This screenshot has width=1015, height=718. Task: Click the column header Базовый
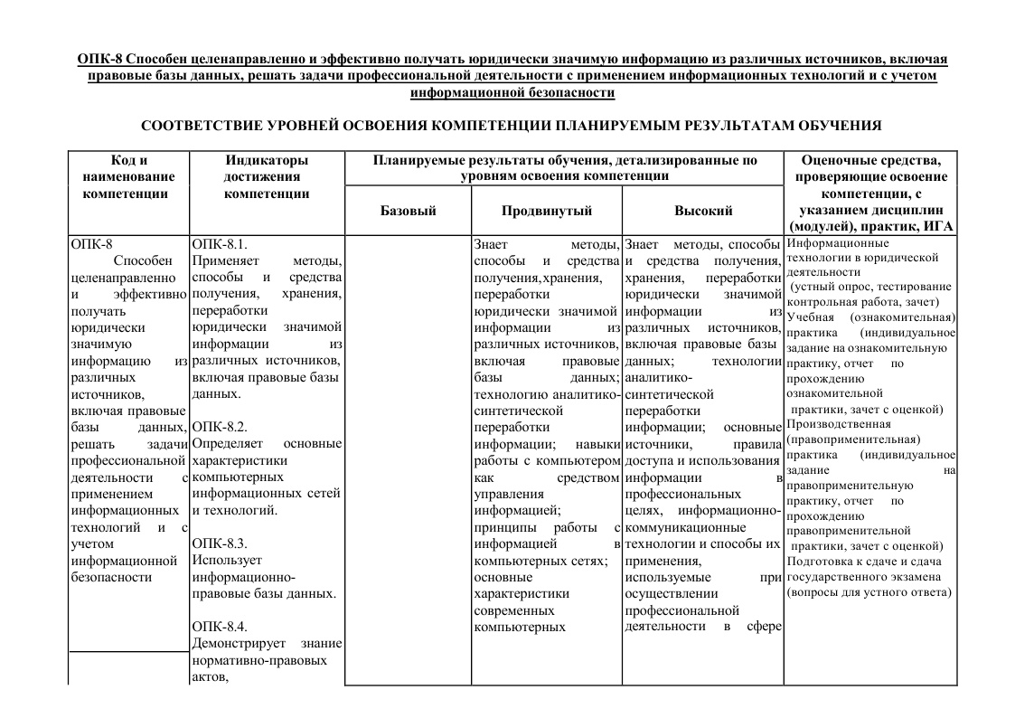(409, 211)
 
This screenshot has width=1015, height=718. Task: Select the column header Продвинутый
(546, 211)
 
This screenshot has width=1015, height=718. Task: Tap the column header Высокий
(703, 211)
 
